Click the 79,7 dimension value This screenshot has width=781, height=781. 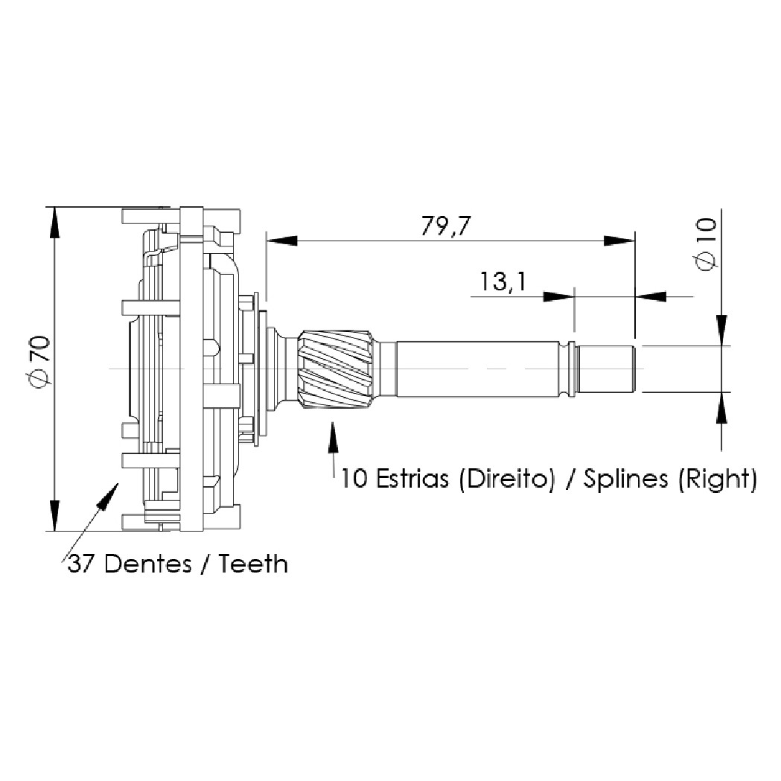coord(445,226)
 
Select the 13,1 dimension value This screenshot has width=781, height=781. coord(502,281)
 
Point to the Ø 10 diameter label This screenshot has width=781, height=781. coord(706,244)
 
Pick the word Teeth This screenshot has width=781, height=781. coord(254,564)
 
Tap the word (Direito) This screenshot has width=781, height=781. coord(506,479)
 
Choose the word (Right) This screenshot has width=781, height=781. coord(717,479)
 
